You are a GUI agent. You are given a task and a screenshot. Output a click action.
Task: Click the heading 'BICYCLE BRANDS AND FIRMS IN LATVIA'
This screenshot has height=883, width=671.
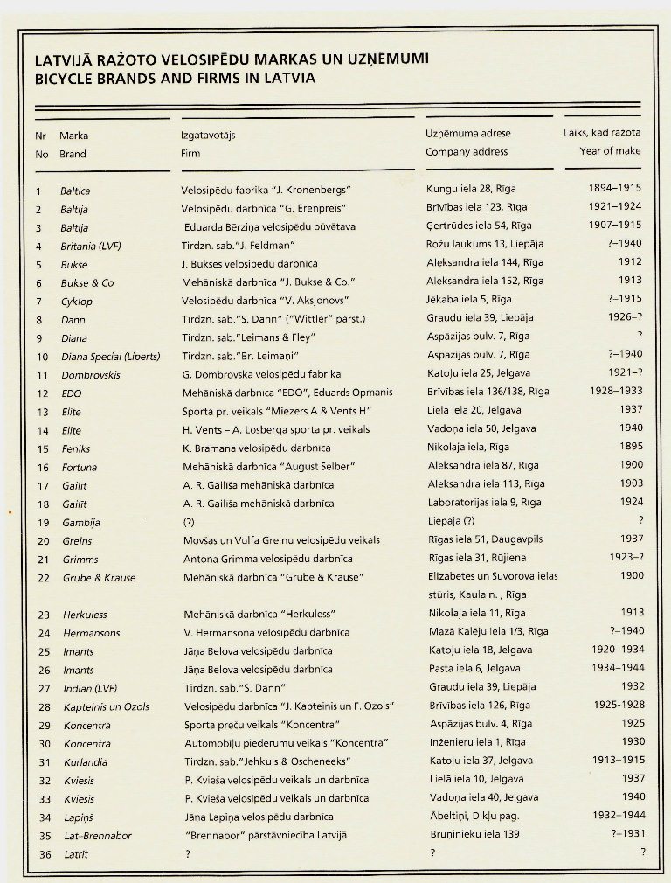(175, 78)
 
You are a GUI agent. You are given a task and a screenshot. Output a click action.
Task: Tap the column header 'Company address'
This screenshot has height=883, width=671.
(467, 152)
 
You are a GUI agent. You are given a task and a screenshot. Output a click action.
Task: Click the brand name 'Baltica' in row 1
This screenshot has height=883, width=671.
(75, 191)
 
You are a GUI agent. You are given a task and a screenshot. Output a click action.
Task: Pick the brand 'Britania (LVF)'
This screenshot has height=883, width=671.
(91, 246)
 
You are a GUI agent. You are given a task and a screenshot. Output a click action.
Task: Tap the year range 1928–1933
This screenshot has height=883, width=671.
(614, 393)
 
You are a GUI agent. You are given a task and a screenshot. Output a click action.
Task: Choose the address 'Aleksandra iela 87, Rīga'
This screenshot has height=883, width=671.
(485, 466)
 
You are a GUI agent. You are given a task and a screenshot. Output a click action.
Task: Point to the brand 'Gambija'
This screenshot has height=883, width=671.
(81, 523)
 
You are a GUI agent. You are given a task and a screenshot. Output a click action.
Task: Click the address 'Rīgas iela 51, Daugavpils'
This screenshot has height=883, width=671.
(485, 540)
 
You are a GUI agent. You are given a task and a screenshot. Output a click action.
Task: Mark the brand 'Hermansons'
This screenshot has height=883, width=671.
(91, 633)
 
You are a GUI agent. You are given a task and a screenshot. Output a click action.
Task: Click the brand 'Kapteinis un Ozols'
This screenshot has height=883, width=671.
(106, 707)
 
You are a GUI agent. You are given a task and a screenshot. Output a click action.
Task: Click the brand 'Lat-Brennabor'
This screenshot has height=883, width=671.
(98, 837)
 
